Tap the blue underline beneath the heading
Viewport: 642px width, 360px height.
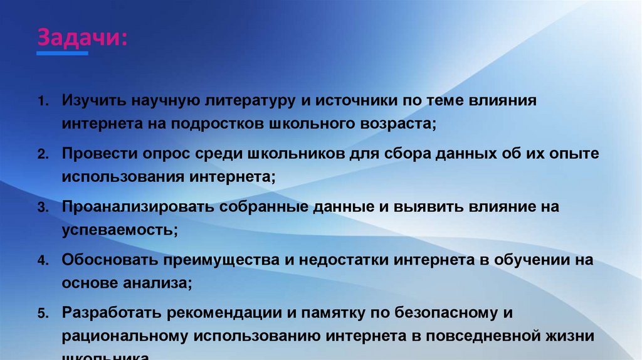(x=63, y=54)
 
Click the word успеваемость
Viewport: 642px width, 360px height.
(x=118, y=229)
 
